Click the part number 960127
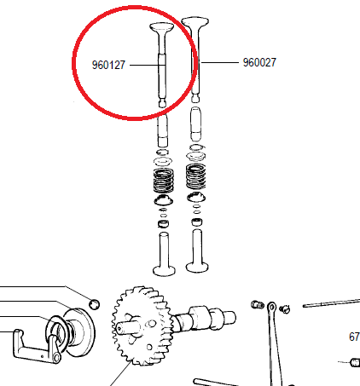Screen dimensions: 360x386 pos(108,65)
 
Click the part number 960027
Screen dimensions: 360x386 pos(259,62)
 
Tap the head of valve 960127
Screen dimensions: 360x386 pos(161,28)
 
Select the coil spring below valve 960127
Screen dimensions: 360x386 pos(164,180)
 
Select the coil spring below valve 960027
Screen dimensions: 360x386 pos(196,176)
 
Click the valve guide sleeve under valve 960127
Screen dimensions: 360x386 pos(163,130)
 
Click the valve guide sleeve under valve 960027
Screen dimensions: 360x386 pos(196,124)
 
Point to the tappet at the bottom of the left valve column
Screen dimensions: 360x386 pos(164,254)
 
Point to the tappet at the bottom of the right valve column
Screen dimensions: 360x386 pos(197,251)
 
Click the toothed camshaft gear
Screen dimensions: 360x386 pos(142,326)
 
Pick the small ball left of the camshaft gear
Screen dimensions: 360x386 pos(95,304)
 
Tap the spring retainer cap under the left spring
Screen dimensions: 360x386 pos(164,200)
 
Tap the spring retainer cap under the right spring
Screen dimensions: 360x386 pos(196,197)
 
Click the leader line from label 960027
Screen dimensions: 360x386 pos(219,62)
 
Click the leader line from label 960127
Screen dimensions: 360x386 pos(148,65)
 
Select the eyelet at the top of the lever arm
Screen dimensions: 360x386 pos(272,307)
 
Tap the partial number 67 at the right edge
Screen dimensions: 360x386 pos(354,337)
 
